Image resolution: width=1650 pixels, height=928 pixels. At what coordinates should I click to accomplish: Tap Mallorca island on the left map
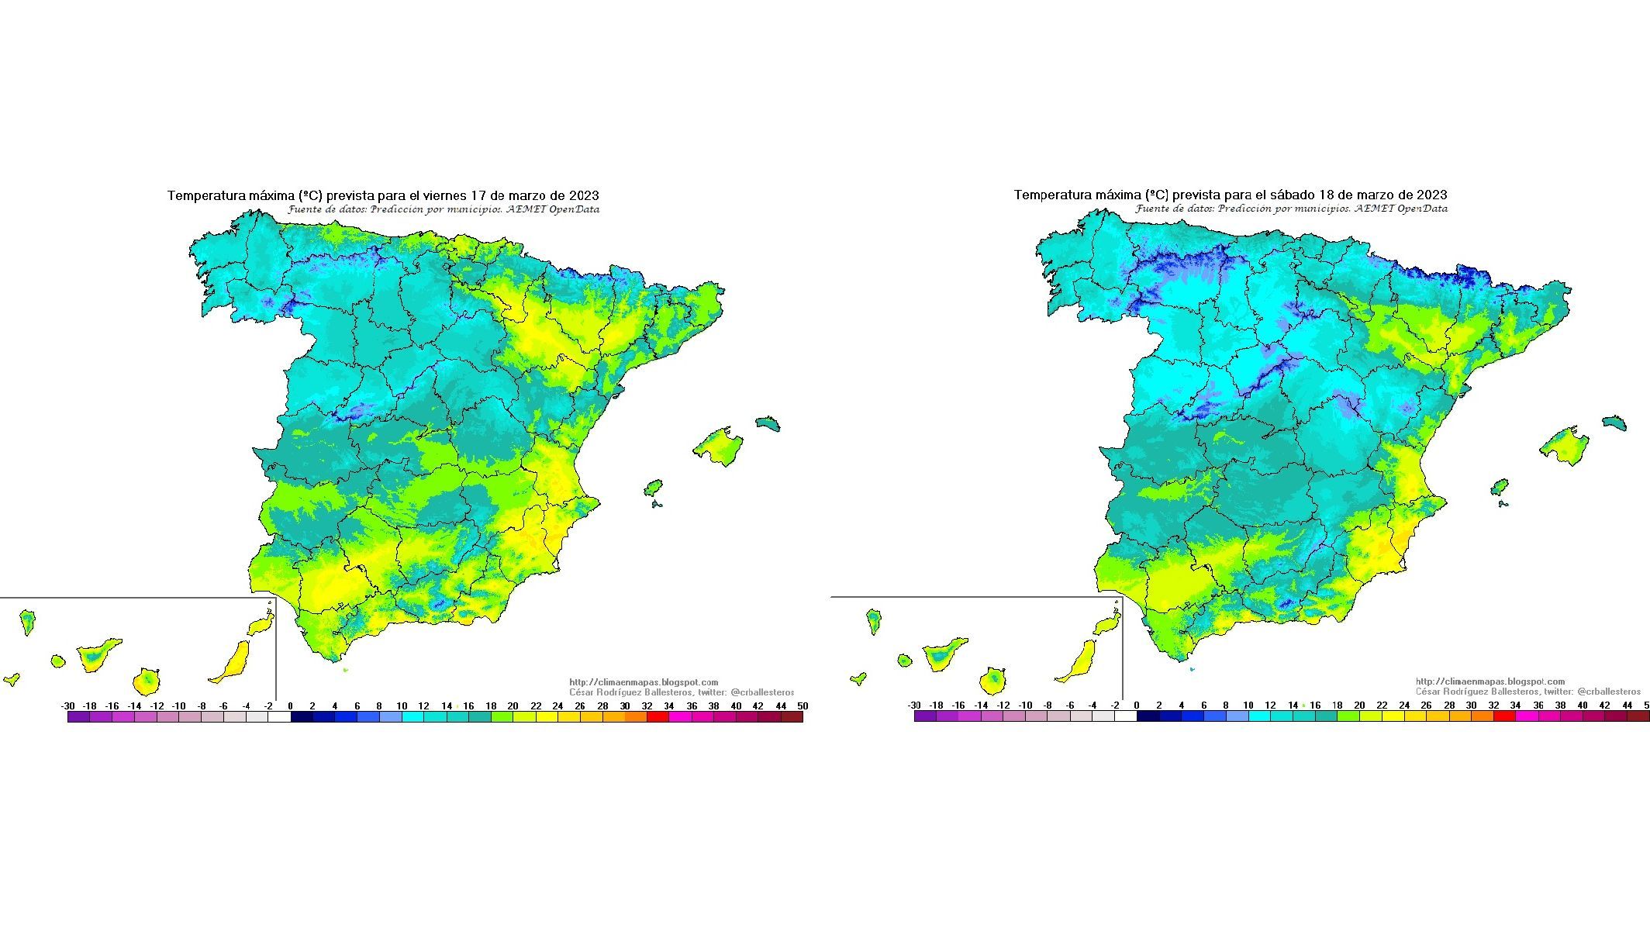click(x=718, y=447)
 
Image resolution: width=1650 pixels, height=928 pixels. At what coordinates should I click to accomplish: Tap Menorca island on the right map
click(x=1614, y=422)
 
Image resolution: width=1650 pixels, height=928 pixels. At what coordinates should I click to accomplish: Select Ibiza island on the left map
click(x=654, y=488)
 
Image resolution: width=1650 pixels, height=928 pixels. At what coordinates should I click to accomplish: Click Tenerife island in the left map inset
click(x=98, y=654)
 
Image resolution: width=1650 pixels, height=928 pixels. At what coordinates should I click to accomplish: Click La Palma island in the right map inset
click(x=874, y=619)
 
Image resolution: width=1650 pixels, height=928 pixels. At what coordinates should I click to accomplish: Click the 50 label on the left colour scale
click(x=803, y=706)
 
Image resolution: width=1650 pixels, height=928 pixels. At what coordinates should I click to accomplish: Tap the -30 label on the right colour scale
click(x=914, y=705)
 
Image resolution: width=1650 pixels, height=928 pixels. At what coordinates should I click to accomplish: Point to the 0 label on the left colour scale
click(x=291, y=706)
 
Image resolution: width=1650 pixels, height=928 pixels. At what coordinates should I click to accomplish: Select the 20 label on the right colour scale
click(x=1359, y=705)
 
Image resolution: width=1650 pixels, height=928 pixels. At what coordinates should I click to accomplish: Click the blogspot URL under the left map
click(x=644, y=682)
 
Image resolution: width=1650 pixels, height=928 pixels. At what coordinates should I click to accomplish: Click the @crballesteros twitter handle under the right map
click(x=1608, y=692)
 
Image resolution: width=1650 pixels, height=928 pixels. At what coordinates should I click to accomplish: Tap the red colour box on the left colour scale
click(x=658, y=717)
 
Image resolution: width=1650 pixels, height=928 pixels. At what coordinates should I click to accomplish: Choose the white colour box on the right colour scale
click(x=1125, y=716)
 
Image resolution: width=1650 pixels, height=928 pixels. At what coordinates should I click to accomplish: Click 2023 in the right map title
click(x=1431, y=195)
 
